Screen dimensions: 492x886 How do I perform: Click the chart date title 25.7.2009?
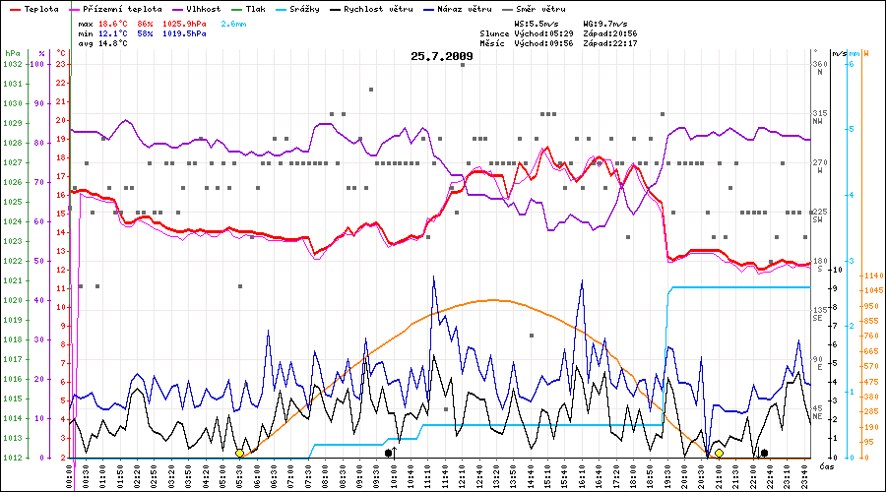[x=442, y=56]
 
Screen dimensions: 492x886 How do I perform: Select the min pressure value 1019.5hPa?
[x=184, y=31]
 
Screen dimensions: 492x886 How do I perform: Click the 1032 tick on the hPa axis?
[x=12, y=64]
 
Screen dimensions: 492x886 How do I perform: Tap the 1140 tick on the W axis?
[x=870, y=275]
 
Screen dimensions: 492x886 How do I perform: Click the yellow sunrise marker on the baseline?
[x=239, y=453]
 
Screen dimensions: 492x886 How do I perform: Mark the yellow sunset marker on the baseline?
[x=719, y=453]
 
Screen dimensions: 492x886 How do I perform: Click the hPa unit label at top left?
[x=12, y=52]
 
